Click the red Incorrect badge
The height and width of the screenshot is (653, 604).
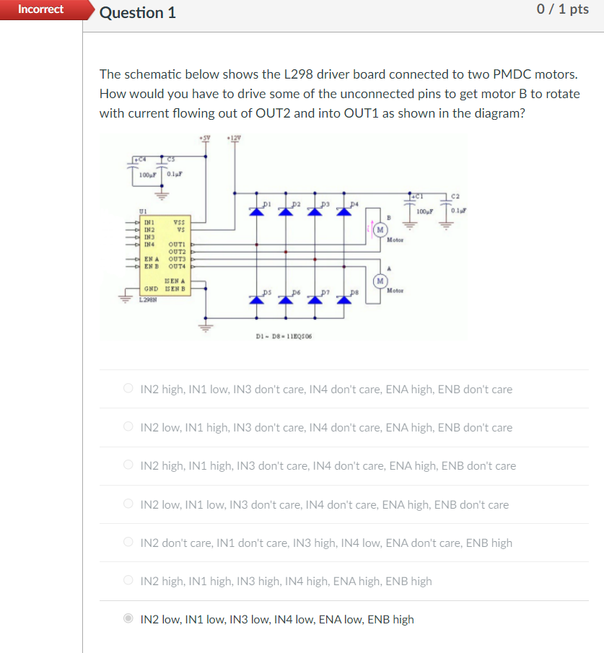(x=40, y=9)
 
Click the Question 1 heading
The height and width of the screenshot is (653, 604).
(x=137, y=13)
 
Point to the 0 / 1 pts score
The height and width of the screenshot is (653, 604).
(x=563, y=9)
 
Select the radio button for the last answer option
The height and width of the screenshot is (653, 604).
(x=128, y=619)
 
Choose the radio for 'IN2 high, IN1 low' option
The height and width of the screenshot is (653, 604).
(x=128, y=389)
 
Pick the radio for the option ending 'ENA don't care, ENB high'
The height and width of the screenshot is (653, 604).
(x=128, y=543)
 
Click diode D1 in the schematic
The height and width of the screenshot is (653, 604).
(x=255, y=210)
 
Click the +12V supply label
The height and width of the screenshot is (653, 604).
(x=232, y=138)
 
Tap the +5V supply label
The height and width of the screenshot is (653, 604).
(x=206, y=138)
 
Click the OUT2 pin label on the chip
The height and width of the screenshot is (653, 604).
(x=177, y=251)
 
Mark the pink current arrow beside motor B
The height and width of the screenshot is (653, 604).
(x=371, y=230)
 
